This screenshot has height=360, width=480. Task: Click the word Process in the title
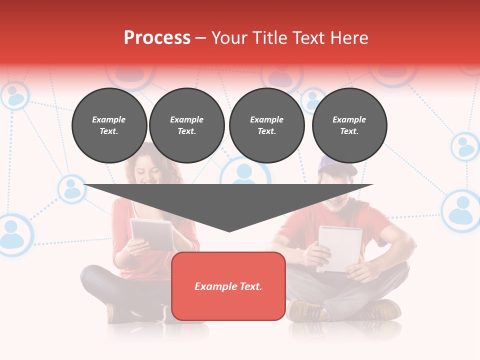tap(157, 38)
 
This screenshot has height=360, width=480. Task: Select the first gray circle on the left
tap(109, 125)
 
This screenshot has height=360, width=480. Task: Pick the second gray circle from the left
tap(187, 125)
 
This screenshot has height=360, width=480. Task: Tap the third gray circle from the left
tap(266, 125)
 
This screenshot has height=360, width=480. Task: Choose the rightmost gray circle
tap(349, 125)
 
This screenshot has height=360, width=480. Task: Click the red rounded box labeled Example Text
tap(228, 286)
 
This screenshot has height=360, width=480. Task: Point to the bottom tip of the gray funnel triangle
tap(229, 230)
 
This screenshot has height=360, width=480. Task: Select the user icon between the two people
tap(245, 172)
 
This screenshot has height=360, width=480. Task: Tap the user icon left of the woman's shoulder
tap(72, 188)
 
